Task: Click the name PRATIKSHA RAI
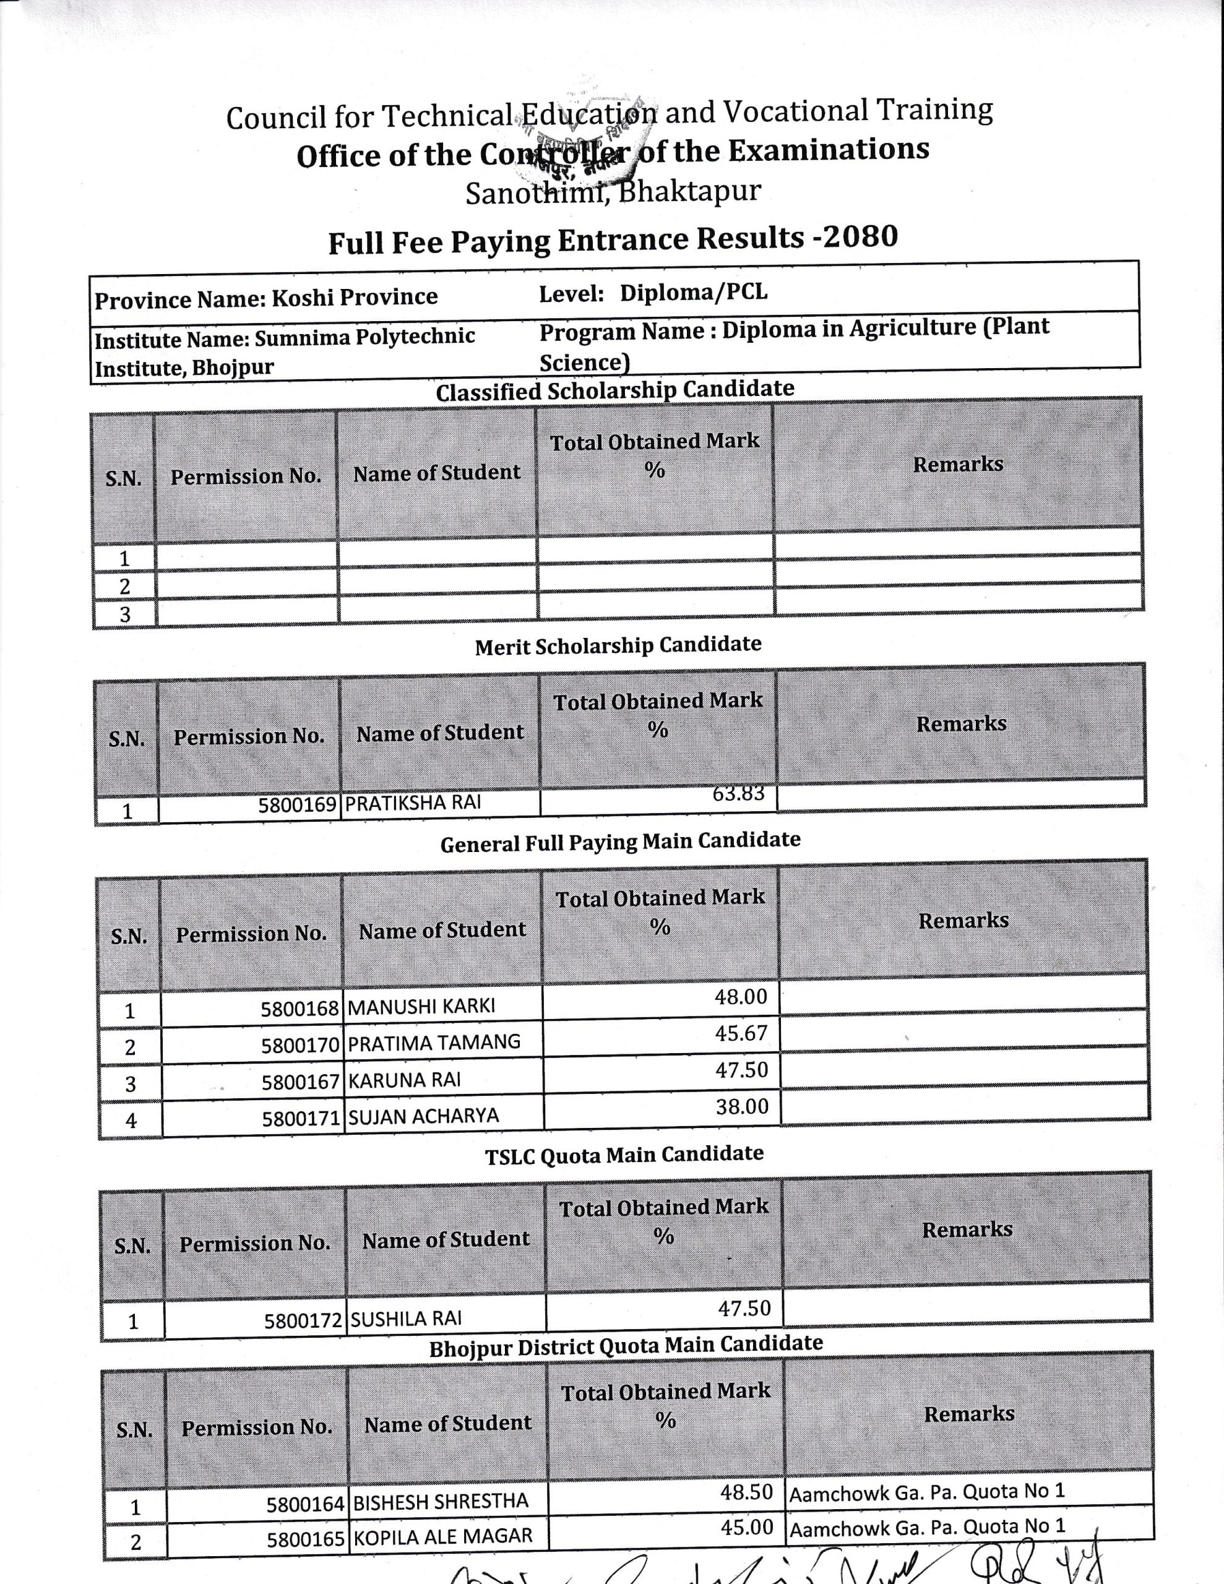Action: (412, 804)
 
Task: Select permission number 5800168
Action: (300, 1009)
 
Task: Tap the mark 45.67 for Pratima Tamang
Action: (741, 1033)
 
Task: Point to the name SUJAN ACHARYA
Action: (423, 1116)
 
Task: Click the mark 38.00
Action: (741, 1107)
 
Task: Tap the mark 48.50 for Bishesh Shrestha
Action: (746, 1492)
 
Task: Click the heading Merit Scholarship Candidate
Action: (618, 645)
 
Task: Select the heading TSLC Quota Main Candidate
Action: (624, 1155)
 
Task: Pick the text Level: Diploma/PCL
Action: (653, 293)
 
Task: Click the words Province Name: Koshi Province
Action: (266, 298)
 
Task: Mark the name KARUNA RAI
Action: (404, 1080)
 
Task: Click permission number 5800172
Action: (303, 1321)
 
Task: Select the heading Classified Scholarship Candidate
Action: (614, 390)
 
